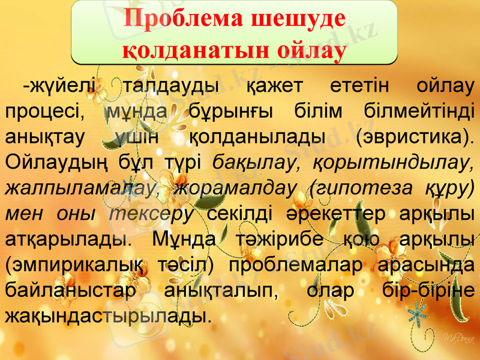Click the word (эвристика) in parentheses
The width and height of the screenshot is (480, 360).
tap(413, 137)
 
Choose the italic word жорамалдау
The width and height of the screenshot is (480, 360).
tap(235, 188)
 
